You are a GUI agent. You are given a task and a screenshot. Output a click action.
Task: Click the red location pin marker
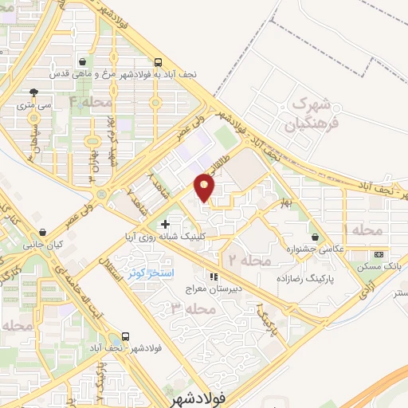tap(205, 188)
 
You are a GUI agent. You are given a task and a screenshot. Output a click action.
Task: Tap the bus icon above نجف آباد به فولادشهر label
tap(158, 61)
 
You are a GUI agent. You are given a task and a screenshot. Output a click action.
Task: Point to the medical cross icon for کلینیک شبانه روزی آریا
tap(165, 225)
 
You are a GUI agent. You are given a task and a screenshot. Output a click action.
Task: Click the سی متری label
tap(33, 104)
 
